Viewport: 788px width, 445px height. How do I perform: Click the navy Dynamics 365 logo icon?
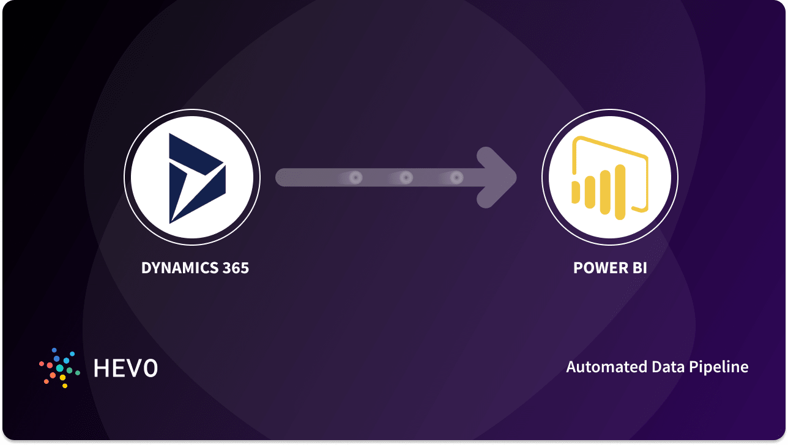(x=195, y=177)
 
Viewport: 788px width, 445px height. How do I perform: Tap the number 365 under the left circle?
(x=235, y=268)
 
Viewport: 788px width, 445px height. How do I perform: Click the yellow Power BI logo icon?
(x=609, y=177)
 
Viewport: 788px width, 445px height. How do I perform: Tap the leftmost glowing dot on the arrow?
(x=355, y=178)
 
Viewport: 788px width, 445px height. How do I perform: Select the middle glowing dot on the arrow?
(x=406, y=178)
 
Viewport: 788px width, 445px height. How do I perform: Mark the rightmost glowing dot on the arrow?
(x=456, y=178)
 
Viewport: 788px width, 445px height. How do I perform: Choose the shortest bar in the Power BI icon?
(x=576, y=191)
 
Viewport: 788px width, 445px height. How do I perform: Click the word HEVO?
(x=125, y=367)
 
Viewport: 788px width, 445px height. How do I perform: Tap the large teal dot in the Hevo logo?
(x=60, y=368)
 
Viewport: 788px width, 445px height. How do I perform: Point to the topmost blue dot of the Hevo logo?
(x=54, y=350)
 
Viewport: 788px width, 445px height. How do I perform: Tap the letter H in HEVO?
(x=101, y=367)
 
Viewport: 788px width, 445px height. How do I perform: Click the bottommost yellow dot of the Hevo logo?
(x=65, y=386)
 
